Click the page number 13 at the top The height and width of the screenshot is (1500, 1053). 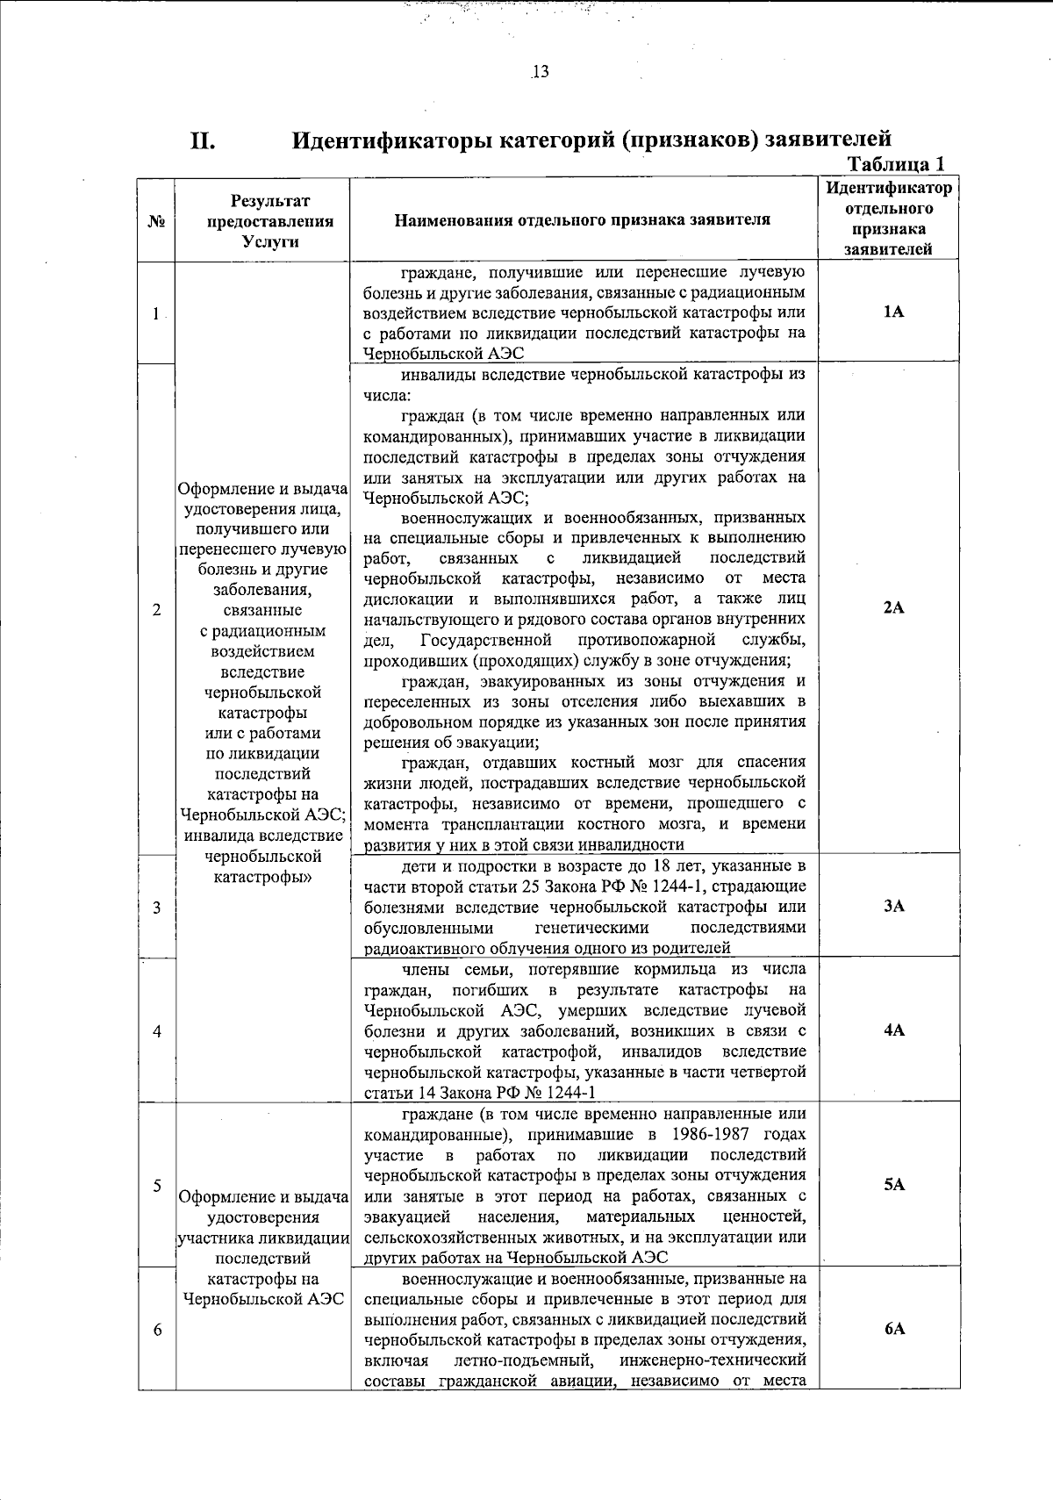(x=540, y=72)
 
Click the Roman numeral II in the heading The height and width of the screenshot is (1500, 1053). (x=203, y=140)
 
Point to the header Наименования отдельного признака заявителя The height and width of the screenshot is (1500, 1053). (x=583, y=219)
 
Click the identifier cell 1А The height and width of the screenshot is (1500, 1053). (x=893, y=312)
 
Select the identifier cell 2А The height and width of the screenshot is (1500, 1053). (x=893, y=607)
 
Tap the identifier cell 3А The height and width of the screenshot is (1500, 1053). (x=893, y=906)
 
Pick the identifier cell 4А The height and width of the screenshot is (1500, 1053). (x=893, y=1030)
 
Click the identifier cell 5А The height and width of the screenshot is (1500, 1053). (x=893, y=1184)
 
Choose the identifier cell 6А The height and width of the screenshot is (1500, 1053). (x=893, y=1329)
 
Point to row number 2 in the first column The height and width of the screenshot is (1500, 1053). (x=156, y=609)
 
